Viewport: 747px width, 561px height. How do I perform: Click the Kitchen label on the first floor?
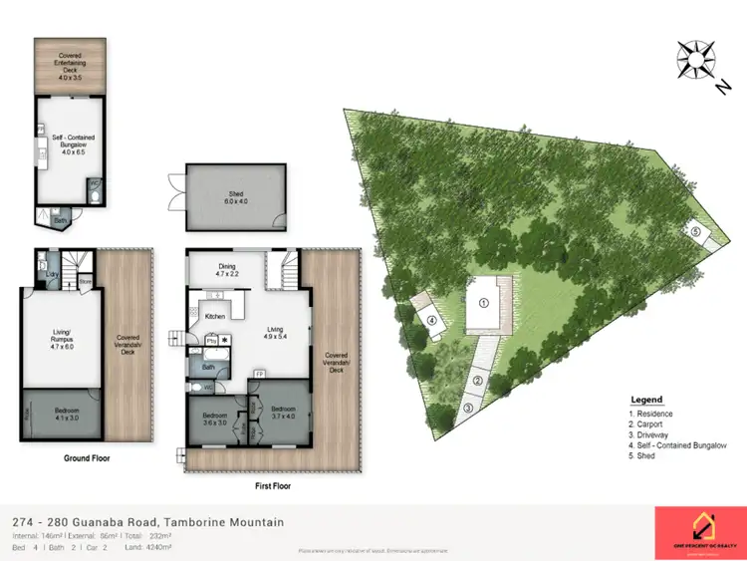(216, 316)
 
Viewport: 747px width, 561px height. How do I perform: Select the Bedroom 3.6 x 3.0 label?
(214, 419)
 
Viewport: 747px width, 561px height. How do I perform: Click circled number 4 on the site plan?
(432, 321)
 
